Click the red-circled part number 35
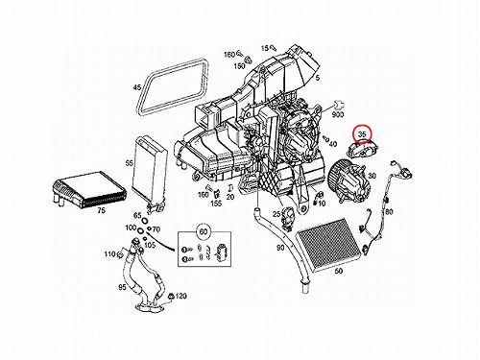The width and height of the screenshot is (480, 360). (362, 134)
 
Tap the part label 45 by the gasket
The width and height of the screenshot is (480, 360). (137, 87)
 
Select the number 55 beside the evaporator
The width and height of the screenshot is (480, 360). (130, 163)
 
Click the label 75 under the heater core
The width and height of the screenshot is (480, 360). (102, 210)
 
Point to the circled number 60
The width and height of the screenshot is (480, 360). (204, 231)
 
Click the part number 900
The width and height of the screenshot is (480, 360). (338, 114)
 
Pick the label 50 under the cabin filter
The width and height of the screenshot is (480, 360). (338, 271)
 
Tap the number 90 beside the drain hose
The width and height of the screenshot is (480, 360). (280, 248)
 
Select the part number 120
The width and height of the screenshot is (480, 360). (180, 296)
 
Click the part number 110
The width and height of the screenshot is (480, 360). (109, 253)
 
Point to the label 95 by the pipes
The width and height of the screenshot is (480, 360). (122, 287)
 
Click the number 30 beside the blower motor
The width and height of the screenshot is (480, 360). (372, 176)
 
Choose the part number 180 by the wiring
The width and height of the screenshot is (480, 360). (388, 212)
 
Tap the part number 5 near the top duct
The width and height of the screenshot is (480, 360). (317, 78)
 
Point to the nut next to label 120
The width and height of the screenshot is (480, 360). (171, 297)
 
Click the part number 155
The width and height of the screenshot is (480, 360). (216, 204)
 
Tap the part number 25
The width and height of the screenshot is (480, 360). (276, 214)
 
